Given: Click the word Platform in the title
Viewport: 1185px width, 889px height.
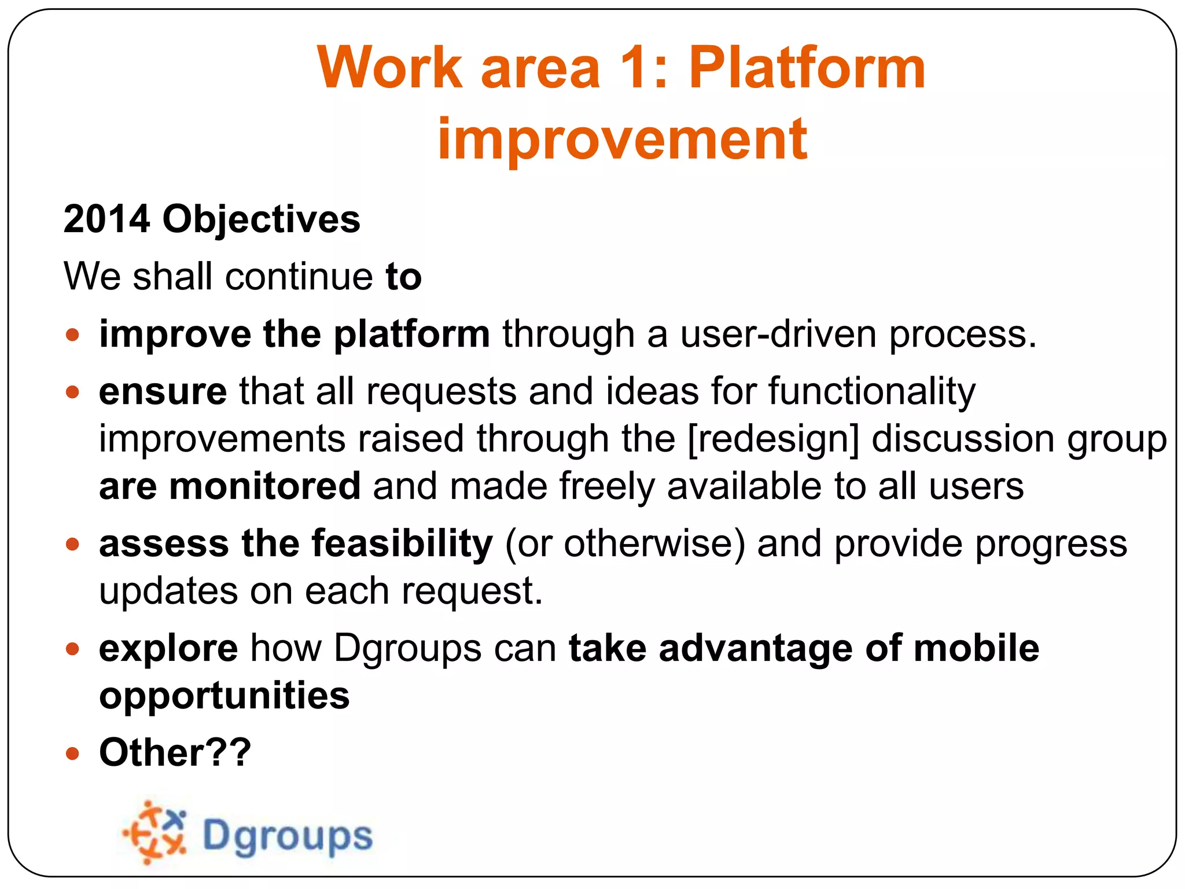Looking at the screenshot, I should click(x=807, y=68).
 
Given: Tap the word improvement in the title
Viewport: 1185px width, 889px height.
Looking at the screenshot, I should click(x=622, y=139).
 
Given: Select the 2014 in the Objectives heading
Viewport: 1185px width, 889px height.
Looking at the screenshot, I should click(x=106, y=219).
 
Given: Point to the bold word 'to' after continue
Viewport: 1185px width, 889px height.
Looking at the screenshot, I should click(x=403, y=277).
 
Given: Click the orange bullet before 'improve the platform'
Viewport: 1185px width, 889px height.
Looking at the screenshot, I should click(x=72, y=335).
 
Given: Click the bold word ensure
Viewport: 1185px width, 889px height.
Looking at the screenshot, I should click(x=163, y=392).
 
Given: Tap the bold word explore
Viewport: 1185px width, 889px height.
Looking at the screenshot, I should click(x=168, y=648).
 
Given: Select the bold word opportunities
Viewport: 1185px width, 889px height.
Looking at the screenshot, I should click(x=224, y=695).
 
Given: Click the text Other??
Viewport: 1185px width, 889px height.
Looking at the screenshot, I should click(x=175, y=752).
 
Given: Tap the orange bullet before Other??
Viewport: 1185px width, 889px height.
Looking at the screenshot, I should click(x=72, y=754).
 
